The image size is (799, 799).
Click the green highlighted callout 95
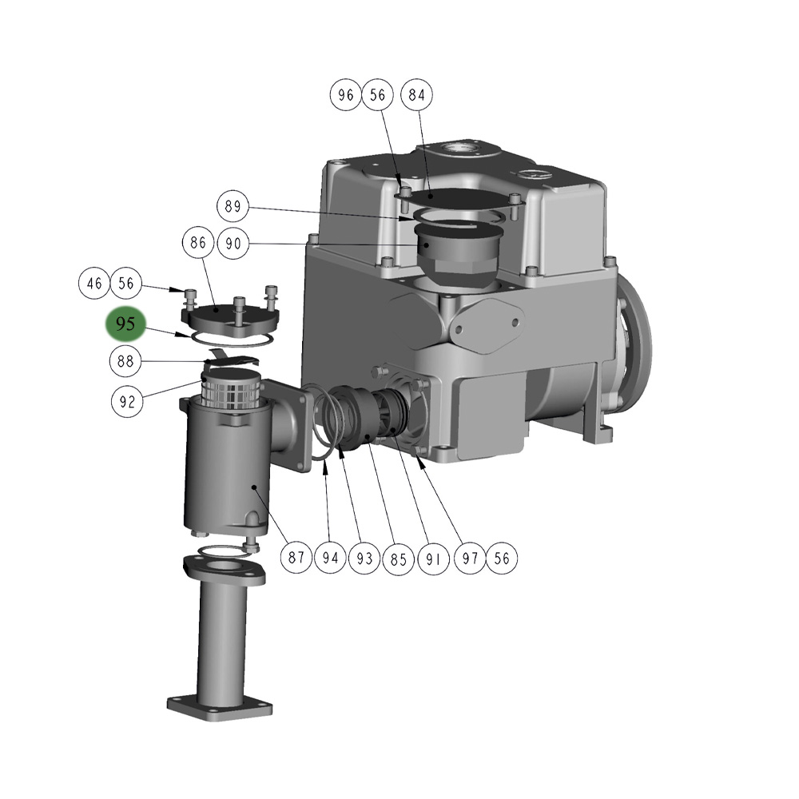(x=125, y=324)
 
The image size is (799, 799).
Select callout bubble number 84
(x=416, y=95)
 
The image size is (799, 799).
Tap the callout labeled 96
(x=345, y=95)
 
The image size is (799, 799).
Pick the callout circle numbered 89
(x=233, y=207)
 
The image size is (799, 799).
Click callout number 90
(x=233, y=244)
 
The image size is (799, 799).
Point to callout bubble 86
(x=198, y=242)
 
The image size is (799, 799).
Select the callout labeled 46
(x=94, y=283)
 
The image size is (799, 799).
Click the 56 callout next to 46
(x=126, y=283)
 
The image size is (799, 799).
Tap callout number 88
(x=125, y=361)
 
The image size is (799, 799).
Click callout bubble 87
(x=296, y=558)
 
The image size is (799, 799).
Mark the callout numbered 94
(x=330, y=558)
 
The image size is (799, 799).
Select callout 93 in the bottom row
(x=364, y=558)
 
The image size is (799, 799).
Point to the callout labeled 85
(x=398, y=558)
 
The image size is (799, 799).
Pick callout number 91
(x=432, y=558)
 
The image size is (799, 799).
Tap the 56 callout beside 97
(x=502, y=558)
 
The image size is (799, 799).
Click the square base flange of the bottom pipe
(x=219, y=707)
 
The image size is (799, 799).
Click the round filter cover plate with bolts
(x=230, y=316)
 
